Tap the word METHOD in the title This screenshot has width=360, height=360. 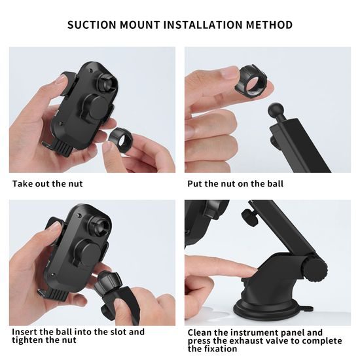269,25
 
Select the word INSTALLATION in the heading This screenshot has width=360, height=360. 203,25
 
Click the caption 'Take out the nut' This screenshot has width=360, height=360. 47,184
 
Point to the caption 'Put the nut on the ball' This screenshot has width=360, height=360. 236,184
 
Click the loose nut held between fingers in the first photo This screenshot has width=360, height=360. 120,140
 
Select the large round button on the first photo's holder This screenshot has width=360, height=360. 96,107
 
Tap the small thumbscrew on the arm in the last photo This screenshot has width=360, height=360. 250,217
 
